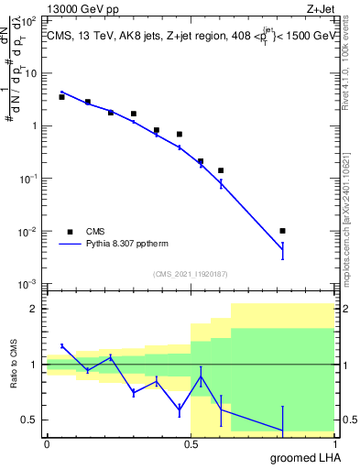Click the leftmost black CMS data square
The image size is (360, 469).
point(61,96)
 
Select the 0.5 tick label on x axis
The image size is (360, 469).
point(191,444)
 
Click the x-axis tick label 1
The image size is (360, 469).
point(334,444)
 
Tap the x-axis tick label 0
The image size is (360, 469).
point(47,444)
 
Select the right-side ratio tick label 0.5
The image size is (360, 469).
point(347,420)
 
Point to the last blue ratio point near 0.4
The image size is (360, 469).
point(283,431)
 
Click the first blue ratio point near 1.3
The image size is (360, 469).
point(61,345)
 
